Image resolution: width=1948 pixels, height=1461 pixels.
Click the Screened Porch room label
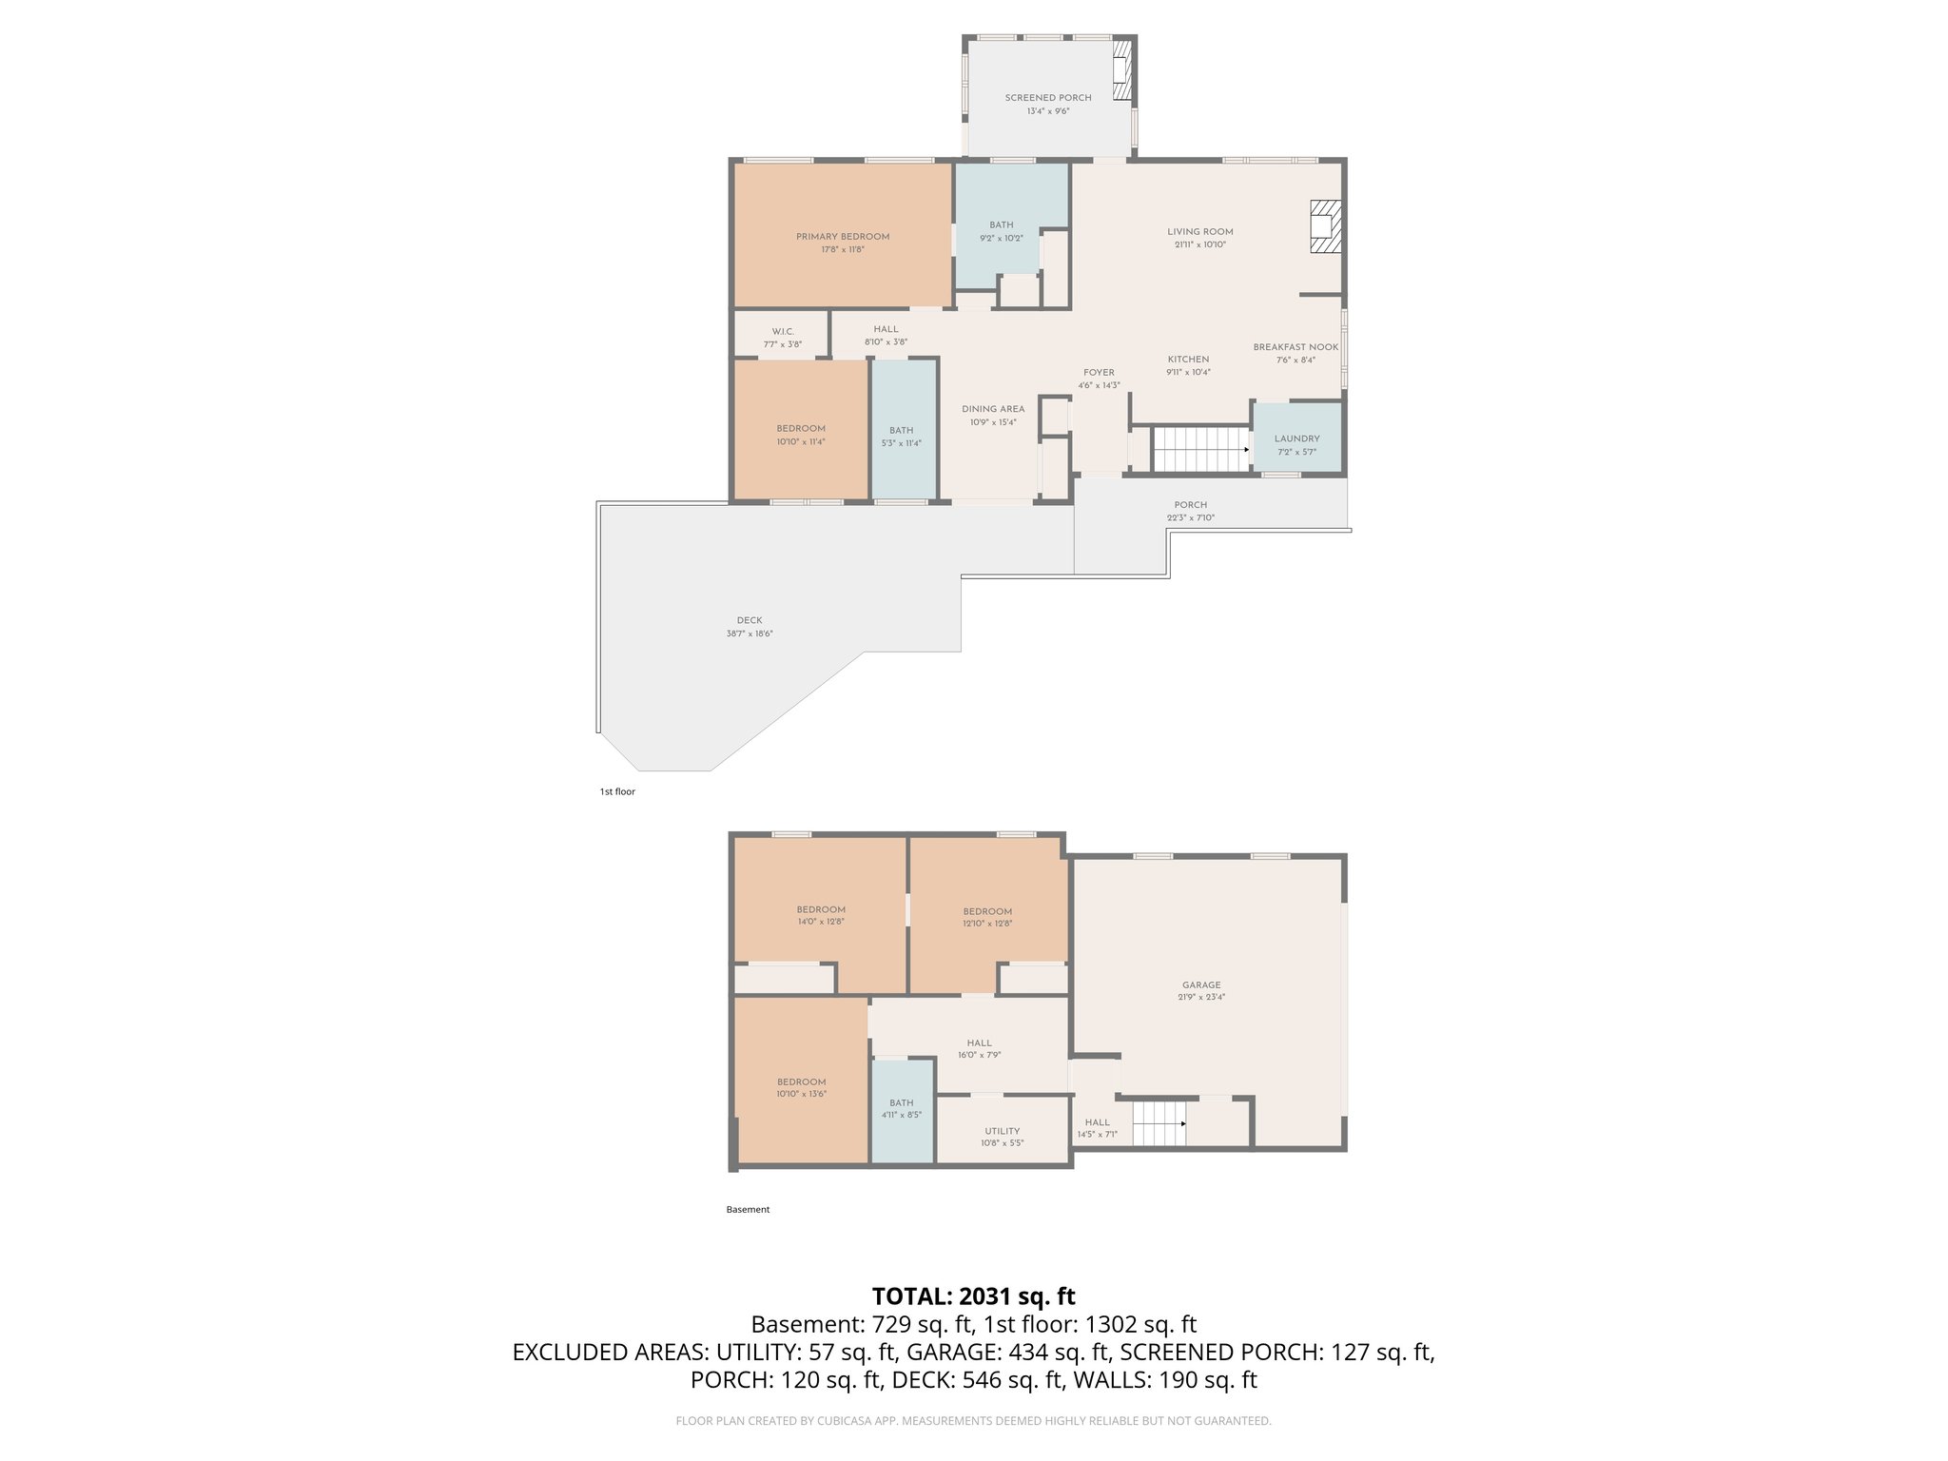[1048, 98]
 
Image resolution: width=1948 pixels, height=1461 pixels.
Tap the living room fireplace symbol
[1324, 226]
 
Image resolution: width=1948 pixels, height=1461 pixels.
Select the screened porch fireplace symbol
[1123, 68]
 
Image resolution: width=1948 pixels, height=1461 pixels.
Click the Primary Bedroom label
[843, 237]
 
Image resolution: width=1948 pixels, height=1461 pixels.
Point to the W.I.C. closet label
[783, 332]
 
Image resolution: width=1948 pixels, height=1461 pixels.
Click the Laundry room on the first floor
[1297, 439]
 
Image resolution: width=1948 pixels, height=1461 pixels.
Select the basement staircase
[1159, 1123]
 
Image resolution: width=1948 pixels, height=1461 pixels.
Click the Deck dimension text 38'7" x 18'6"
[750, 633]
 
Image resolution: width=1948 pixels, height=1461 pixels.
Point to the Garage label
[1201, 985]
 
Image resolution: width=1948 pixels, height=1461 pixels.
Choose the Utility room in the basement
[1003, 1131]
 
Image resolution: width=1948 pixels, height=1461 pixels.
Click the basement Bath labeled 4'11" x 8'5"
[902, 1109]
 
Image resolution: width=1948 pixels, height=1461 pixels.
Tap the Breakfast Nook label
[1295, 347]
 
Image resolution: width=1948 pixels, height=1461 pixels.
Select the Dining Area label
[993, 409]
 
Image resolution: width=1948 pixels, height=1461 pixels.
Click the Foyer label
[1099, 373]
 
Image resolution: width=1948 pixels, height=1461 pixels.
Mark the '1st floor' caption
[617, 791]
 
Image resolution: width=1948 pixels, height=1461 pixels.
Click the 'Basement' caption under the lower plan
[748, 1210]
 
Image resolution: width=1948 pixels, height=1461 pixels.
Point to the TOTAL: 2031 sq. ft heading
[973, 1296]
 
